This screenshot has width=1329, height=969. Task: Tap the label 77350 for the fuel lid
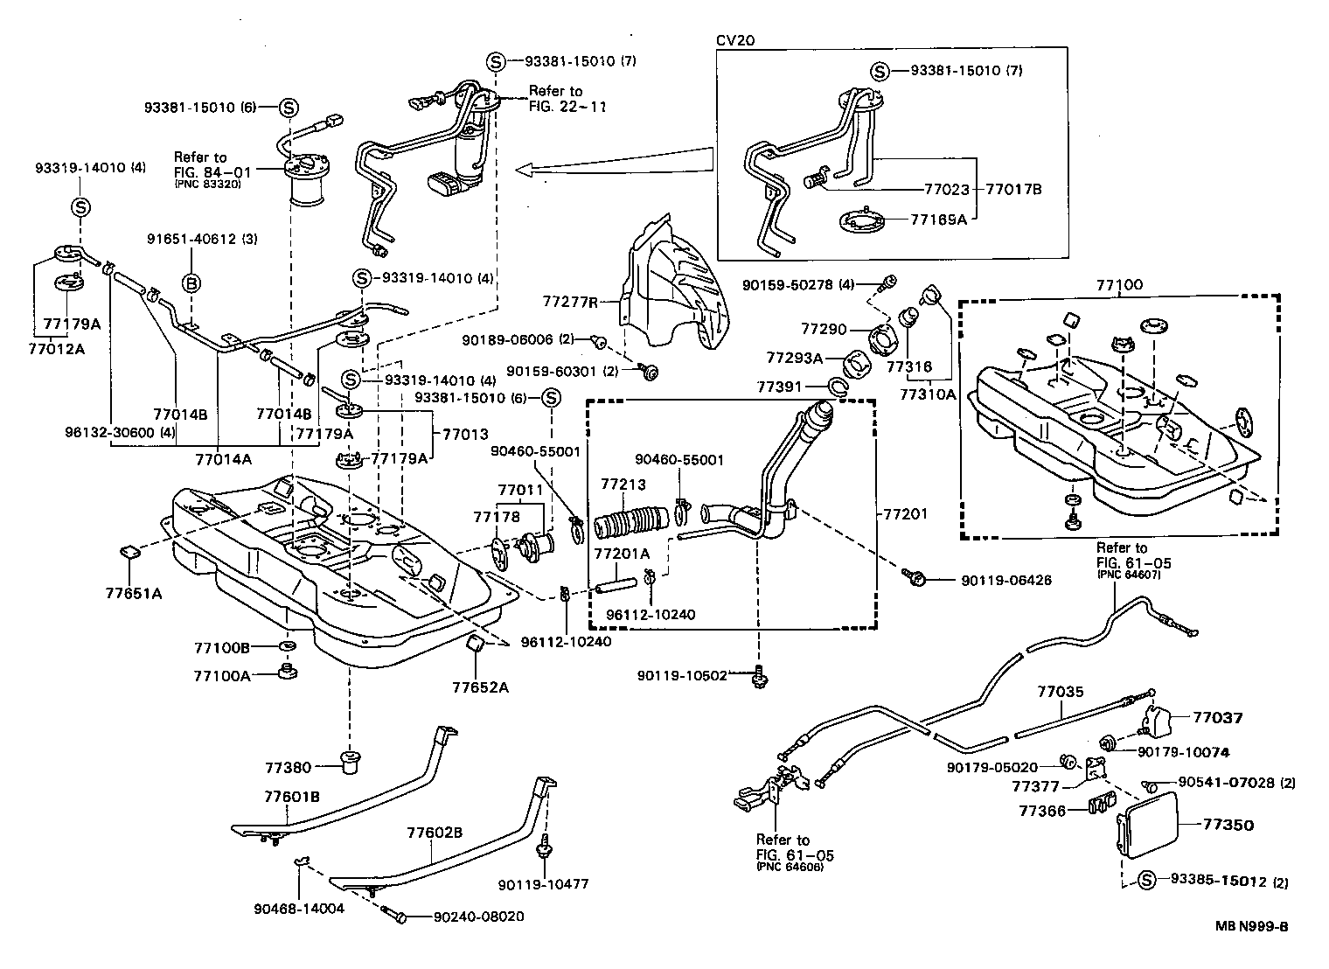click(1228, 825)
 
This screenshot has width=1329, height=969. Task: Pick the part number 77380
click(288, 768)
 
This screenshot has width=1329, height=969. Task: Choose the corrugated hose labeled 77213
click(630, 522)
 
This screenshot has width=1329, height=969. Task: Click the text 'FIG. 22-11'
click(567, 106)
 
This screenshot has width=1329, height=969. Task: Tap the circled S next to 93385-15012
click(1146, 881)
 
